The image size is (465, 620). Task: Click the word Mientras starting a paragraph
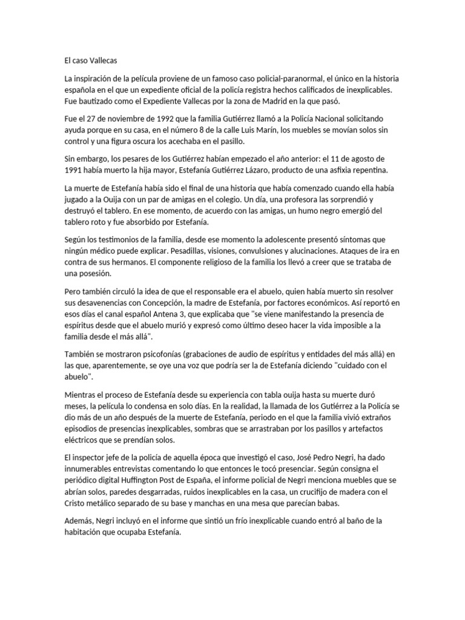coord(83,394)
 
